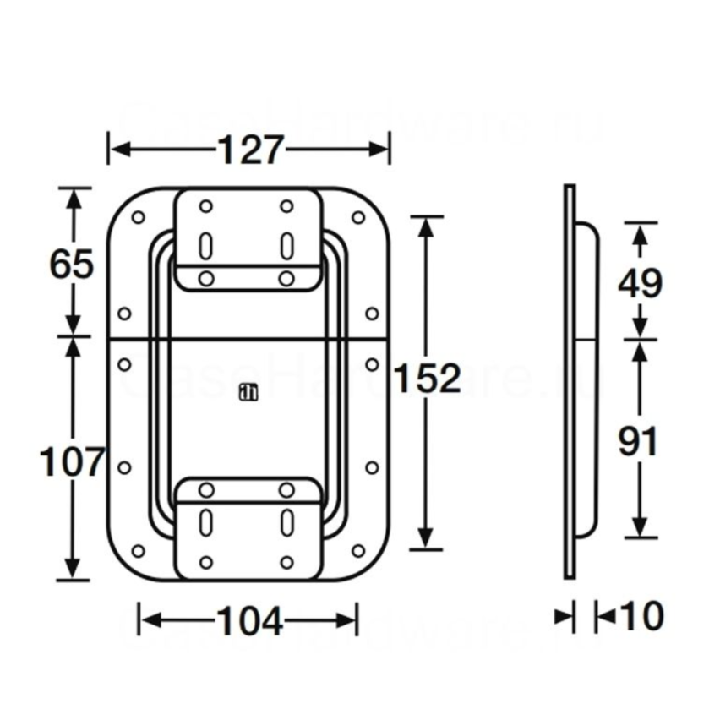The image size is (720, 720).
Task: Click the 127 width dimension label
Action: point(249,150)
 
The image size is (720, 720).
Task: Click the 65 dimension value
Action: point(72,265)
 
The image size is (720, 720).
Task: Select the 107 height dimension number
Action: point(72,461)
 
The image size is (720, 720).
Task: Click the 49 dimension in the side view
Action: point(640,283)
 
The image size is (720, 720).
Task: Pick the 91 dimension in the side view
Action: point(639,441)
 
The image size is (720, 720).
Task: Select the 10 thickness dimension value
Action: point(641,617)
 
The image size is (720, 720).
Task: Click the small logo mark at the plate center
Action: point(247,391)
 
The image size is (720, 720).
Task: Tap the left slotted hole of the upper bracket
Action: point(205,243)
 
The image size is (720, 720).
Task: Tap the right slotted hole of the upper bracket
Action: point(286,243)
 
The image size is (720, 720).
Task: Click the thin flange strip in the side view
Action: point(570,380)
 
